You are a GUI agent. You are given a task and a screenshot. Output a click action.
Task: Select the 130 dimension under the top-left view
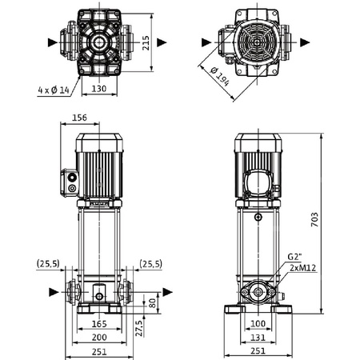click(98, 89)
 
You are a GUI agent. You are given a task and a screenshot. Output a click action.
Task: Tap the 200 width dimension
click(98, 336)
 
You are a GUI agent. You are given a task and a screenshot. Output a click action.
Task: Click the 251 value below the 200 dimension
click(98, 352)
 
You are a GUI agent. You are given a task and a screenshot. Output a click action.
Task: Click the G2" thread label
click(296, 258)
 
